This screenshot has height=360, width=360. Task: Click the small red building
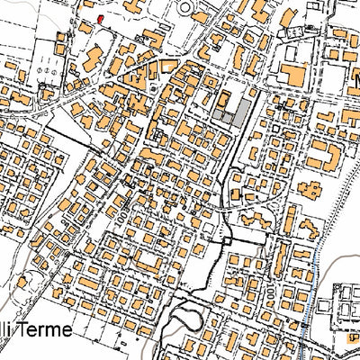coord(100,18)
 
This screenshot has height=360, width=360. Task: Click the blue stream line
coord(310,306)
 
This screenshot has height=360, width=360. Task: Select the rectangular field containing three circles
coord(45,63)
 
